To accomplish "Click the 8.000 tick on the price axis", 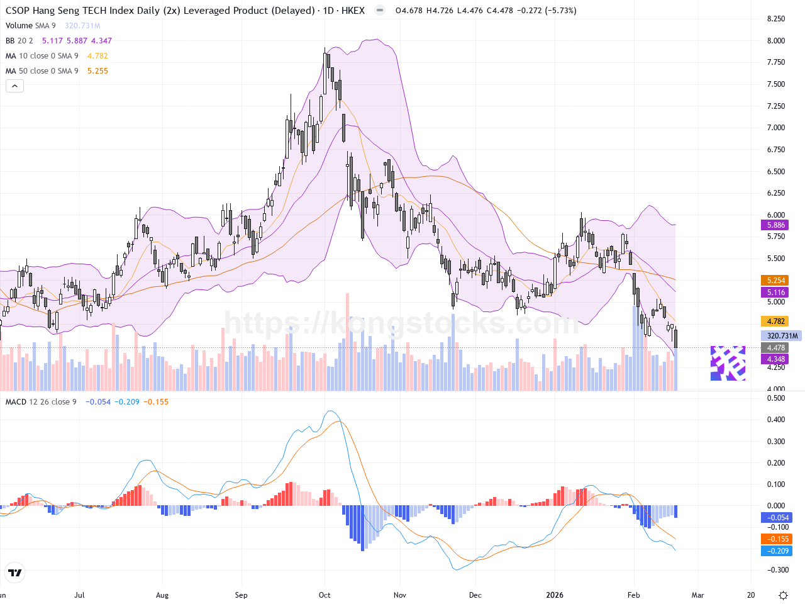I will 776,41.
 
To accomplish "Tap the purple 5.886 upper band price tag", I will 776,225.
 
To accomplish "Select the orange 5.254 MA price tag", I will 776,281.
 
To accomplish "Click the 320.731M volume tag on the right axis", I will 782,336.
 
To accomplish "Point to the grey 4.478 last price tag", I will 776,348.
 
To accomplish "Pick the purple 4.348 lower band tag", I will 776,359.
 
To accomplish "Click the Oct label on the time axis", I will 325,595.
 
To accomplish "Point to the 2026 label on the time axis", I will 555,595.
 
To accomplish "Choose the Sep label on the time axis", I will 241,595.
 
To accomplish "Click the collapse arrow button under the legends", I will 14,86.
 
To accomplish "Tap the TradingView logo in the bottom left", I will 14,573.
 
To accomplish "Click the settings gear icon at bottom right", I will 783,595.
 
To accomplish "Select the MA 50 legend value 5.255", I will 97,71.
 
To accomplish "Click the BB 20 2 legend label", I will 19,41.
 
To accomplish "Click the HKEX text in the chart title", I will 353,11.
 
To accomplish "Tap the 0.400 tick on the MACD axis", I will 776,420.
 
